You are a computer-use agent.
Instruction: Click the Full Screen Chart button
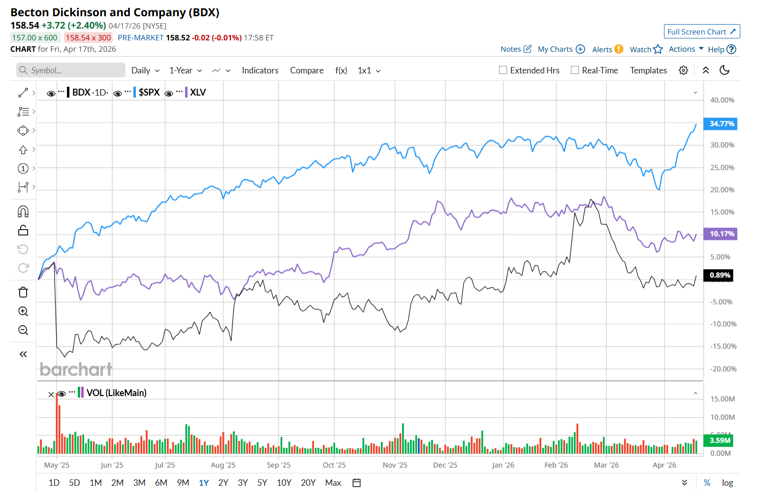point(701,32)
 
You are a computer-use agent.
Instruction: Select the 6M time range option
point(161,483)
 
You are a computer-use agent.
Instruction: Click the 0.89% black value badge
point(719,275)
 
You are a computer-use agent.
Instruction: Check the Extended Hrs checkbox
point(503,70)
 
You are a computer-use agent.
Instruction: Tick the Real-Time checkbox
point(575,70)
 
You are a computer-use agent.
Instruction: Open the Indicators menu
point(260,70)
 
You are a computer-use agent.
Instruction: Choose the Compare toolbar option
point(307,70)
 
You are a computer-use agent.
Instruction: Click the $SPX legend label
point(149,92)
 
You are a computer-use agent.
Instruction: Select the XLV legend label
point(198,92)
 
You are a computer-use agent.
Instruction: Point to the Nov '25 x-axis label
point(395,465)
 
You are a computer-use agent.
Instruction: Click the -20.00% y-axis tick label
point(723,369)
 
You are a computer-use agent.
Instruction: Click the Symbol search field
point(71,70)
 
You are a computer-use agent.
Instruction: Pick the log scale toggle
point(727,483)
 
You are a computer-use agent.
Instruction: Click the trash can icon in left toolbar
point(23,293)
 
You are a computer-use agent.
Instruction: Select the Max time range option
point(333,483)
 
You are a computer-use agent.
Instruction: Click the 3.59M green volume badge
point(720,440)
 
